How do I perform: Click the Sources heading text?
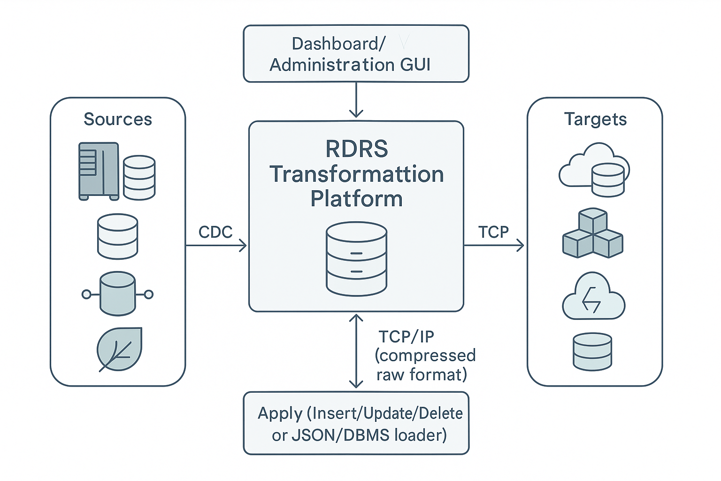click(118, 119)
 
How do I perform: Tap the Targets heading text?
click(595, 119)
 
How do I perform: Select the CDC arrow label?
click(215, 232)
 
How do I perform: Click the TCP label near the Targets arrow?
click(493, 232)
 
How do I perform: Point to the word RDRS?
click(357, 149)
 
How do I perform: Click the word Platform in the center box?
click(357, 199)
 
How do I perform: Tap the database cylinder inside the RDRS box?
click(357, 259)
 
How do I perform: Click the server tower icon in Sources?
click(99, 171)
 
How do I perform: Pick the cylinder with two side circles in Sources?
click(117, 294)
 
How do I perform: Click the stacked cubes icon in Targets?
click(593, 234)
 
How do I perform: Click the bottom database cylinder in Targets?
click(592, 351)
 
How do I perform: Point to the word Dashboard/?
click(338, 44)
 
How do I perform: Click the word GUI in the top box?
click(415, 64)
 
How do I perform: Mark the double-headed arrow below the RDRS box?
click(356, 351)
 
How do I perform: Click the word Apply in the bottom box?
click(280, 413)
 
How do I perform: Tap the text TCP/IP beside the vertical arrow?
click(407, 337)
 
